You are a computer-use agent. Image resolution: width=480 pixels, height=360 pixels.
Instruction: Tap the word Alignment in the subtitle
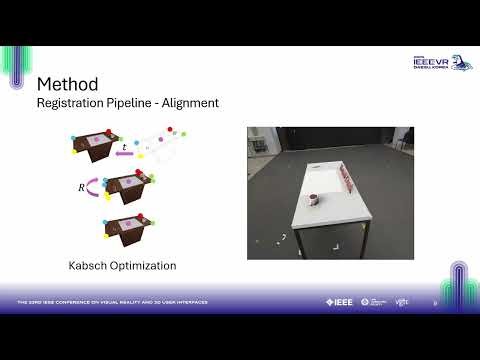tap(194, 102)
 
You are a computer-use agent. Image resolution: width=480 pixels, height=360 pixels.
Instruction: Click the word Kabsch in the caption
tap(89, 266)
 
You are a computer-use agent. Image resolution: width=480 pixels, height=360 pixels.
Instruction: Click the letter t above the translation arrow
tap(124, 147)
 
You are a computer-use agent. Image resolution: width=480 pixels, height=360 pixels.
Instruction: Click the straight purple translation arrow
tap(124, 155)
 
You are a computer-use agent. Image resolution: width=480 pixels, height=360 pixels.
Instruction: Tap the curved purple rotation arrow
tap(92, 185)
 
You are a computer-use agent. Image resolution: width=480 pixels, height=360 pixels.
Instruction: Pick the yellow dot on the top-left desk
tap(75, 153)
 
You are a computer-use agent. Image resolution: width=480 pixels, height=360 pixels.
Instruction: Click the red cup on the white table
tap(313, 198)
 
